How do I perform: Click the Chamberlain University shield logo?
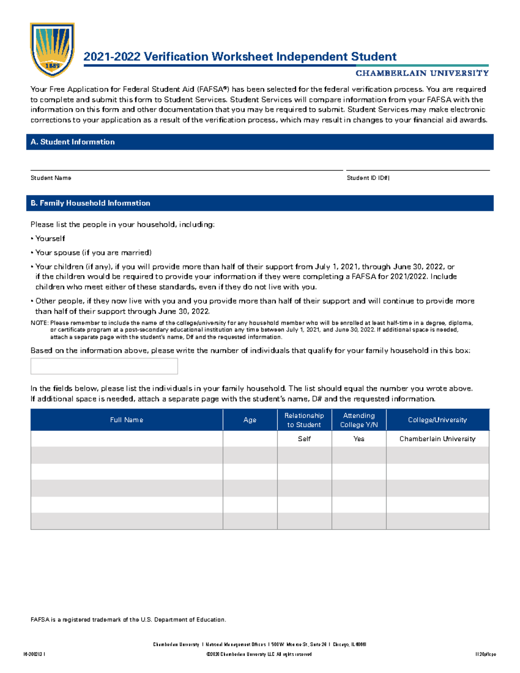[52, 49]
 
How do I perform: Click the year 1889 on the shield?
[52, 66]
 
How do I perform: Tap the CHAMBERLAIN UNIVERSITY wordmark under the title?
[422, 73]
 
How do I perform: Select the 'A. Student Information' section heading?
[73, 142]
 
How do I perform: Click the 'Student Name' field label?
[51, 178]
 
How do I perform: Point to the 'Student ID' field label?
[368, 178]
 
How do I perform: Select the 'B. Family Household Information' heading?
[91, 203]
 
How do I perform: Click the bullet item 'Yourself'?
[50, 239]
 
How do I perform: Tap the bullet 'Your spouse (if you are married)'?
[93, 253]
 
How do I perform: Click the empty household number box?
[104, 366]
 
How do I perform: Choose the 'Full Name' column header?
[127, 420]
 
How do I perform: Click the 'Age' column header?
[250, 420]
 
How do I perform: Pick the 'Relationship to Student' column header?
[304, 420]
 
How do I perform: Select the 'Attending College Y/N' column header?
[359, 420]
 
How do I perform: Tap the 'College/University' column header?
[437, 420]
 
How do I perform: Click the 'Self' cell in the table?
[304, 439]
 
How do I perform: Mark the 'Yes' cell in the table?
[359, 439]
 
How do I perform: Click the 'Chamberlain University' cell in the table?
[437, 439]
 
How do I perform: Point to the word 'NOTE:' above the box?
[39, 323]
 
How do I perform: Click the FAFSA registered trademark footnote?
[128, 620]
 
